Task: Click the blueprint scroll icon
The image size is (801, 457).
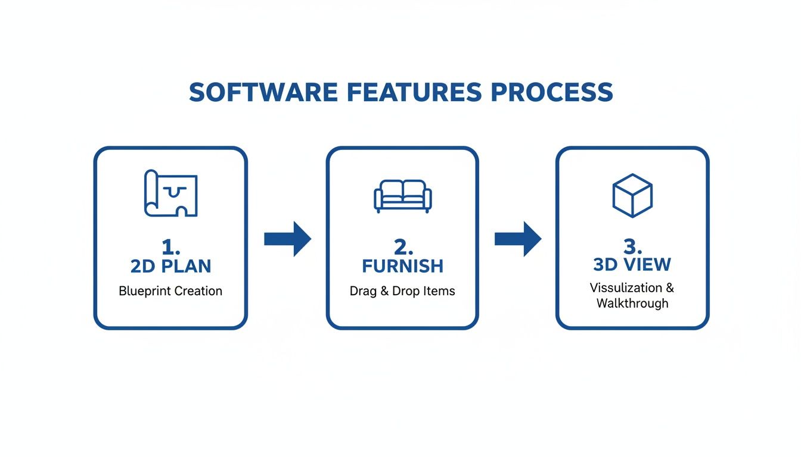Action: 170,193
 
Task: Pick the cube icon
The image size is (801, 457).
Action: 632,195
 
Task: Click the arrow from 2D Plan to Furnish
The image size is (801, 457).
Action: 287,239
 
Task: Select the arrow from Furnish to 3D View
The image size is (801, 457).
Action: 518,239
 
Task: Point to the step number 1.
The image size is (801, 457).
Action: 170,247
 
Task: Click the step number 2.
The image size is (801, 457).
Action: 402,247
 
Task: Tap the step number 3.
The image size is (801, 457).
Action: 632,246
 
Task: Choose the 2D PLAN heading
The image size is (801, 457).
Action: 170,266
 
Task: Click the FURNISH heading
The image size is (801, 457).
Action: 402,266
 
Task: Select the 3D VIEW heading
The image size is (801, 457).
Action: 632,264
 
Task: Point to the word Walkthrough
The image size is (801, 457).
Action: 632,303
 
